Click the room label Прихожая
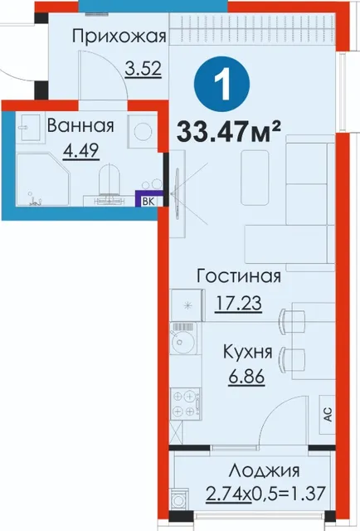(x=119, y=37)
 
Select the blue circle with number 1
(x=221, y=84)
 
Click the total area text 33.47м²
(x=229, y=131)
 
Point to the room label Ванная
(x=80, y=125)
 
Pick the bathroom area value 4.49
(x=81, y=151)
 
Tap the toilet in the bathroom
(x=109, y=179)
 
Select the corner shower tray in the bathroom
(x=43, y=180)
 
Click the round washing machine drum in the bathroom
(x=143, y=131)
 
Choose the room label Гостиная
(x=239, y=276)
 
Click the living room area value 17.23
(x=238, y=302)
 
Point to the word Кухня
(x=247, y=352)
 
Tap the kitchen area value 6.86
(x=246, y=376)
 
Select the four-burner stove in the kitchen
(x=186, y=404)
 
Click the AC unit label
(x=328, y=414)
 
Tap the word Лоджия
(x=264, y=470)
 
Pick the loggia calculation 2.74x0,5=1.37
(x=265, y=493)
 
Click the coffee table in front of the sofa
(x=255, y=178)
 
